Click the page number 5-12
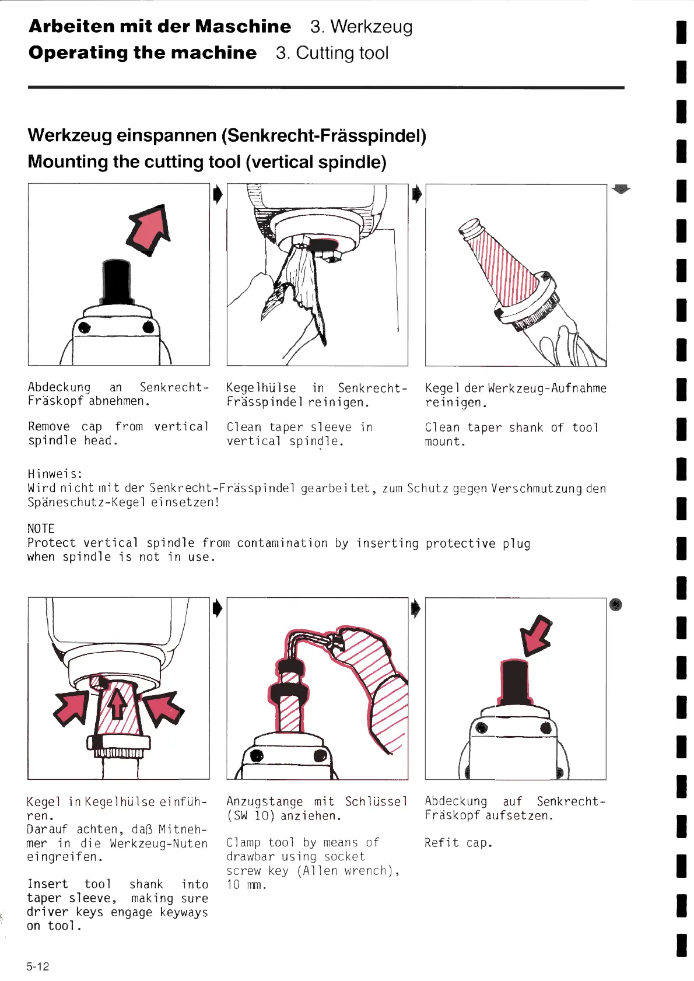[38, 966]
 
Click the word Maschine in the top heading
[243, 26]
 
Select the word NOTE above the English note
[41, 528]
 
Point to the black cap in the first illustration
[117, 281]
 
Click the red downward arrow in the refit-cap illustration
[536, 635]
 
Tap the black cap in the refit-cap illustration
[514, 682]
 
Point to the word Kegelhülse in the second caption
[261, 388]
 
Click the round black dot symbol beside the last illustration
[616, 605]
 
